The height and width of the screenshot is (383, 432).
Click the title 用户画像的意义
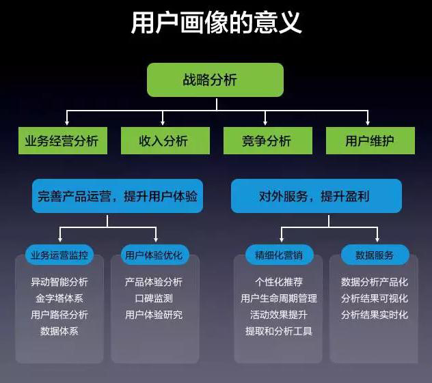[x=216, y=23]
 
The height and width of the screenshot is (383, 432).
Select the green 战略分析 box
[x=215, y=80]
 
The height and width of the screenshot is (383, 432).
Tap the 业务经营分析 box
[x=63, y=141]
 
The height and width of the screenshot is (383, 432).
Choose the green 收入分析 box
[x=165, y=141]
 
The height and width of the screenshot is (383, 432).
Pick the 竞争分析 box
[x=268, y=141]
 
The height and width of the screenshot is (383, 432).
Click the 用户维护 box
[x=370, y=141]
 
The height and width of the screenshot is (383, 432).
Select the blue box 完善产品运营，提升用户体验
[x=118, y=196]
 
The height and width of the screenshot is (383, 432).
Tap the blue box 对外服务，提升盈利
[x=316, y=196]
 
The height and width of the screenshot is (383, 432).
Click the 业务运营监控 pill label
[x=59, y=255]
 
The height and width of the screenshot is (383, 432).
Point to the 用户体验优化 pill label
[x=155, y=255]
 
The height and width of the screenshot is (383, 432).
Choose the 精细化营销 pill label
[x=280, y=255]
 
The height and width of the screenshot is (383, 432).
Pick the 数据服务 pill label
[x=375, y=255]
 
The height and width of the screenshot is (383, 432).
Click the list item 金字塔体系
[x=59, y=298]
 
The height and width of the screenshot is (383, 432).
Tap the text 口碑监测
[x=154, y=298]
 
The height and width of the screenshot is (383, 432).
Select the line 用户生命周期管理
[x=279, y=298]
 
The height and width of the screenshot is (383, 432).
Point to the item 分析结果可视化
[x=375, y=298]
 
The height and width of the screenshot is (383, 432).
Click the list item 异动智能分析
[x=59, y=282]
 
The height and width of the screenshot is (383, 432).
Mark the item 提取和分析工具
[x=279, y=331]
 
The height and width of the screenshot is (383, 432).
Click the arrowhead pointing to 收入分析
[x=163, y=122]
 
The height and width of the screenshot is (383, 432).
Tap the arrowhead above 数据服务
[x=377, y=240]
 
